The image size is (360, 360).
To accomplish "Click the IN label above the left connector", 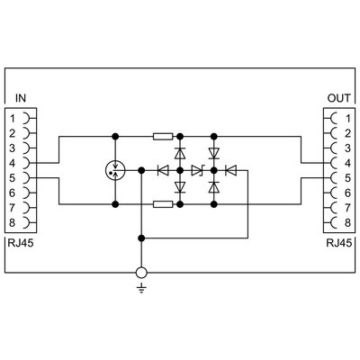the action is pos(21,98).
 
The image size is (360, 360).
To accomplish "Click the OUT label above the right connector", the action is pos(338,98).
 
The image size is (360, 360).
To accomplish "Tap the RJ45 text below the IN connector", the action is pos(21,243).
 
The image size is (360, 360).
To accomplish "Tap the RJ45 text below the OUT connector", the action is pos(339,243).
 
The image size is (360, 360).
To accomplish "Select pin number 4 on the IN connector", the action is pos(12,164).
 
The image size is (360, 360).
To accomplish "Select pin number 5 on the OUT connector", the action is pos(347,178).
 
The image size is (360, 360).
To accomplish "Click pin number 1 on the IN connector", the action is pos(13,119).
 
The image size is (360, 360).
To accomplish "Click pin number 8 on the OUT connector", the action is pos(347,223).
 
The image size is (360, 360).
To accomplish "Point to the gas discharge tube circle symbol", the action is pos(115,171).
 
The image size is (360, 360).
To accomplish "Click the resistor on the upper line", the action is pos(163,137).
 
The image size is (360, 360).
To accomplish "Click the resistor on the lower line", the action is pos(163,204).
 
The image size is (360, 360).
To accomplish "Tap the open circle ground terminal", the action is pos(141,273).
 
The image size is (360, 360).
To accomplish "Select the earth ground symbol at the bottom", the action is pos(141,289).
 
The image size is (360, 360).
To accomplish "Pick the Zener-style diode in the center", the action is pos(197,171).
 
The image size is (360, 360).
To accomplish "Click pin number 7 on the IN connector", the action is pos(12,208).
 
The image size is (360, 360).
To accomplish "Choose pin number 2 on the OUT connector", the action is pos(347,133).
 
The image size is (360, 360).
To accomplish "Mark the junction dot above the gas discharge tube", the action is pos(115,137).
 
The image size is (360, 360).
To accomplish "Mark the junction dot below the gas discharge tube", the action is pos(115,204).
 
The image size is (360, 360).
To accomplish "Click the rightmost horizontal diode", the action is pos(231,171).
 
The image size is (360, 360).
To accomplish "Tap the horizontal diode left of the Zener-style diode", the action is pos(163,171).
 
